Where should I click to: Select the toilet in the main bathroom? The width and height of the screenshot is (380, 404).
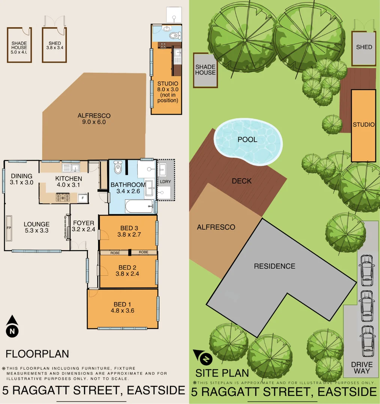[x=118, y=168]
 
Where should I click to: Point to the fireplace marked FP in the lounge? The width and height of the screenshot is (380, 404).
[x=9, y=228]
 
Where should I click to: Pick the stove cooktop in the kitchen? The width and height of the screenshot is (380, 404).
[x=63, y=197]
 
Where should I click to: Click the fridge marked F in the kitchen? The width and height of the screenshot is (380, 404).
[x=82, y=197]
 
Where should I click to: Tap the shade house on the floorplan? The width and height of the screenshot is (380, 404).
[x=19, y=45]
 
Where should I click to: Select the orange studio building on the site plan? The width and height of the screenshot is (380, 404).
[x=363, y=125]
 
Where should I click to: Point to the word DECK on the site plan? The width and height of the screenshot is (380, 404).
[x=242, y=181]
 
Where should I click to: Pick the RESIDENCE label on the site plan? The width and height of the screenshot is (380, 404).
[x=274, y=266]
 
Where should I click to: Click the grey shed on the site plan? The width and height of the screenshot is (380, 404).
[x=364, y=49]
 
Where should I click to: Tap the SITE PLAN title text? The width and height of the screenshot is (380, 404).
[x=222, y=373]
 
